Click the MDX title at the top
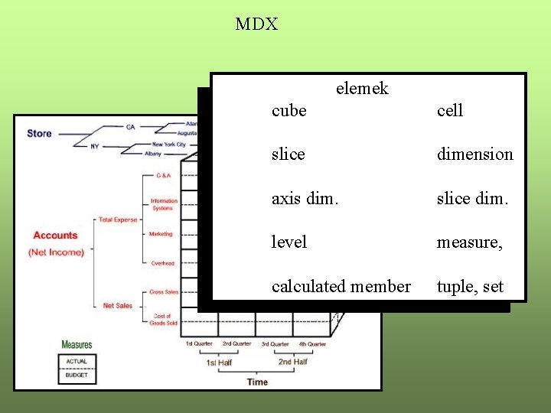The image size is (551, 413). [256, 24]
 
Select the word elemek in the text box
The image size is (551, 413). [362, 89]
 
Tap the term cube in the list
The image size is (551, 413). [289, 111]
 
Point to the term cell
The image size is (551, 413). [450, 111]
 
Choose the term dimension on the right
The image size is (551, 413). [474, 154]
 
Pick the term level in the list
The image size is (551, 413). [289, 242]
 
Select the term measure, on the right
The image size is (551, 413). [469, 242]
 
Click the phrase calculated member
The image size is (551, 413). [341, 287]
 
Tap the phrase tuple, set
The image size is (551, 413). [470, 287]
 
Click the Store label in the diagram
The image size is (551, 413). [39, 133]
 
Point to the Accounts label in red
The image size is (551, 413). [55, 236]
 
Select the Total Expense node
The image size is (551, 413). [118, 220]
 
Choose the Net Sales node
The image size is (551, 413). [117, 306]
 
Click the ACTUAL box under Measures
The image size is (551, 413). [77, 361]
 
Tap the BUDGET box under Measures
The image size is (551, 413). [77, 375]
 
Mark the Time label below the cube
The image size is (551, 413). [257, 382]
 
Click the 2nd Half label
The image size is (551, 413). [292, 362]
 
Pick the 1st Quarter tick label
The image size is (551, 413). [198, 344]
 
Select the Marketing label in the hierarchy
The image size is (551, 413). [161, 234]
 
